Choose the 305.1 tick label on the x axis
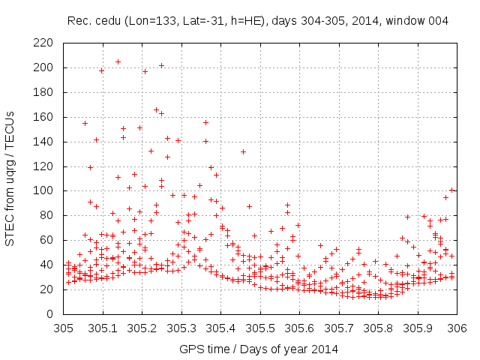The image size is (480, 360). [x=103, y=327]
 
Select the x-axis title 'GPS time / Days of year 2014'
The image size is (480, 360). [x=259, y=349]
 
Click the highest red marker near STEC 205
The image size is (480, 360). [x=118, y=61]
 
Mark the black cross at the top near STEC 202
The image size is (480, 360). [x=161, y=65]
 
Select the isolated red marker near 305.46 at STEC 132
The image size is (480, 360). [x=243, y=151]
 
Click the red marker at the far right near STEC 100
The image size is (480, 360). [x=451, y=190]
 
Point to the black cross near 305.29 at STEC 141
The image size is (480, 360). [x=178, y=140]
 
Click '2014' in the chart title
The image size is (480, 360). [x=363, y=21]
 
